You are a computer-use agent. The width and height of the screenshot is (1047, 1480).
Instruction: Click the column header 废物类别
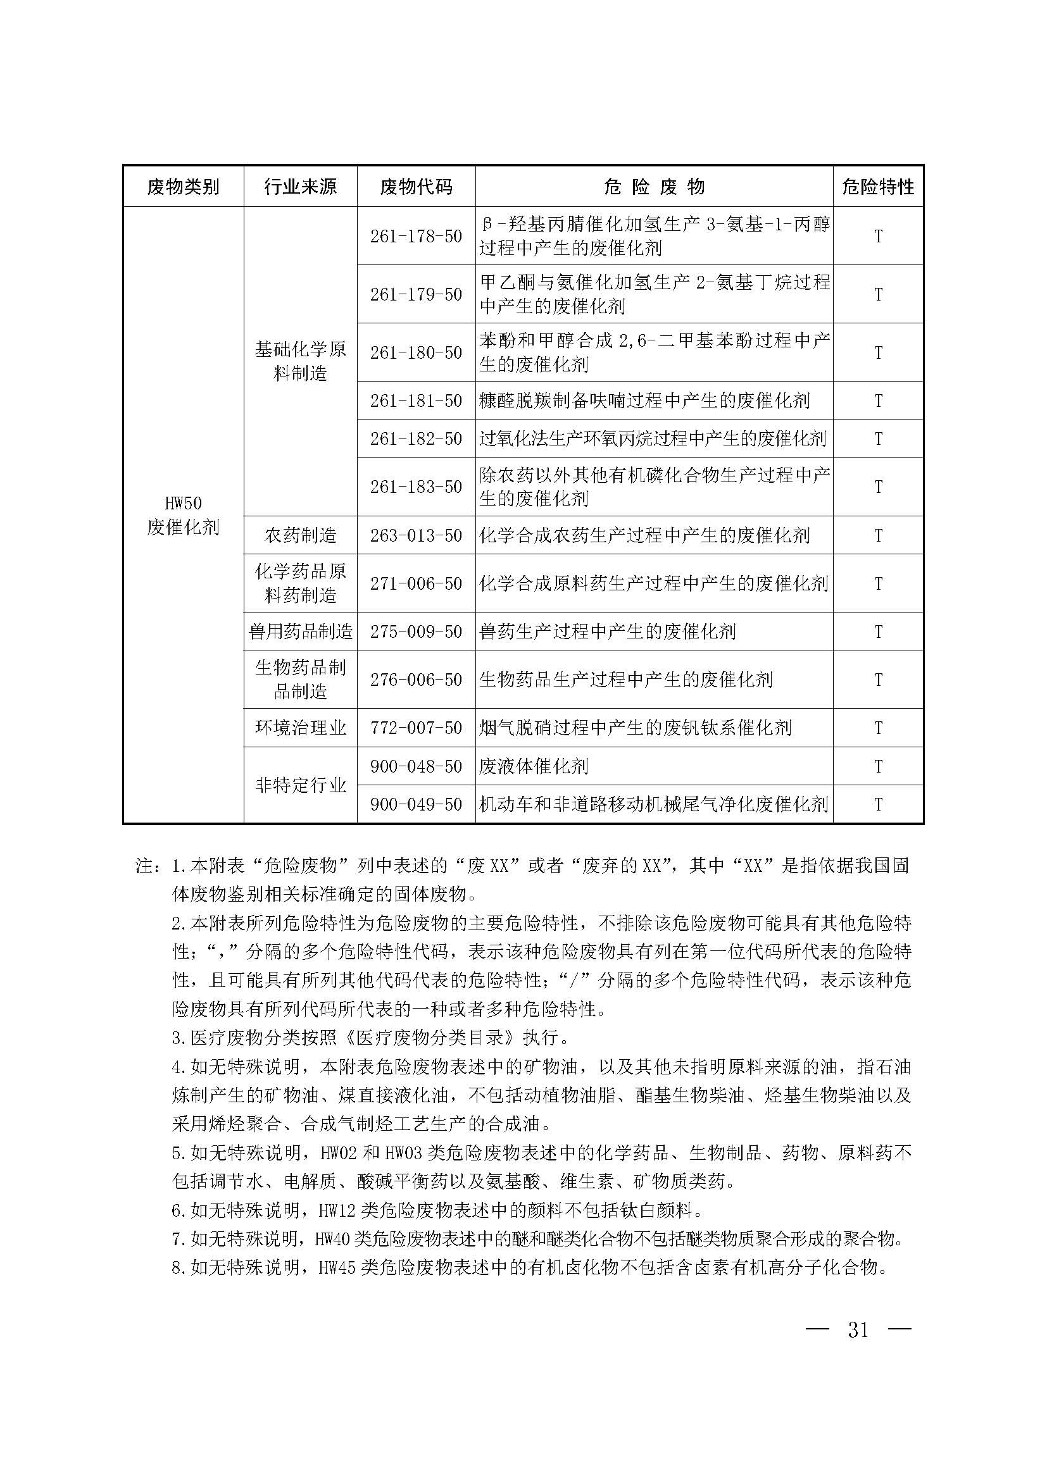(183, 187)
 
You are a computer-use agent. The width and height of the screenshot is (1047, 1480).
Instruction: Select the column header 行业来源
(301, 187)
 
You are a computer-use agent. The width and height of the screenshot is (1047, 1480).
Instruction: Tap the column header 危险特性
(878, 187)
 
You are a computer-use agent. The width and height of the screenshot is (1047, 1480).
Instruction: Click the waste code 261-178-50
(416, 237)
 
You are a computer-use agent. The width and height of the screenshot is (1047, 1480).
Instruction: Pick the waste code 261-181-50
(416, 401)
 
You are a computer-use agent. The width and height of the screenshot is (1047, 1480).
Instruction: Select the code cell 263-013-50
(416, 536)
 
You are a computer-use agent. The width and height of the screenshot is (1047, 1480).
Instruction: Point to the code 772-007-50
(416, 728)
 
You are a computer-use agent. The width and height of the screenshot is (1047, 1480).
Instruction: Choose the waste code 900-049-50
(416, 804)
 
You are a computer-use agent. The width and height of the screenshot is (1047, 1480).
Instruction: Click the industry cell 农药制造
(301, 536)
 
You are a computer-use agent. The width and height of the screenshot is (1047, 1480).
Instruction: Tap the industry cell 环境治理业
(301, 728)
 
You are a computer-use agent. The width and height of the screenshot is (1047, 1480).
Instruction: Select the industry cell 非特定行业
(301, 785)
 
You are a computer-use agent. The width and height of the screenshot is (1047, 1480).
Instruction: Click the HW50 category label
(183, 504)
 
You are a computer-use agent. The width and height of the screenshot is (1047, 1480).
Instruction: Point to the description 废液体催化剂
(534, 766)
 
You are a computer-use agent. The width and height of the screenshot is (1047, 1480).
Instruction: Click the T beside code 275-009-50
(878, 631)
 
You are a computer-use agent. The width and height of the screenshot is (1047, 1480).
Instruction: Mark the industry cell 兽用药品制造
(301, 631)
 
